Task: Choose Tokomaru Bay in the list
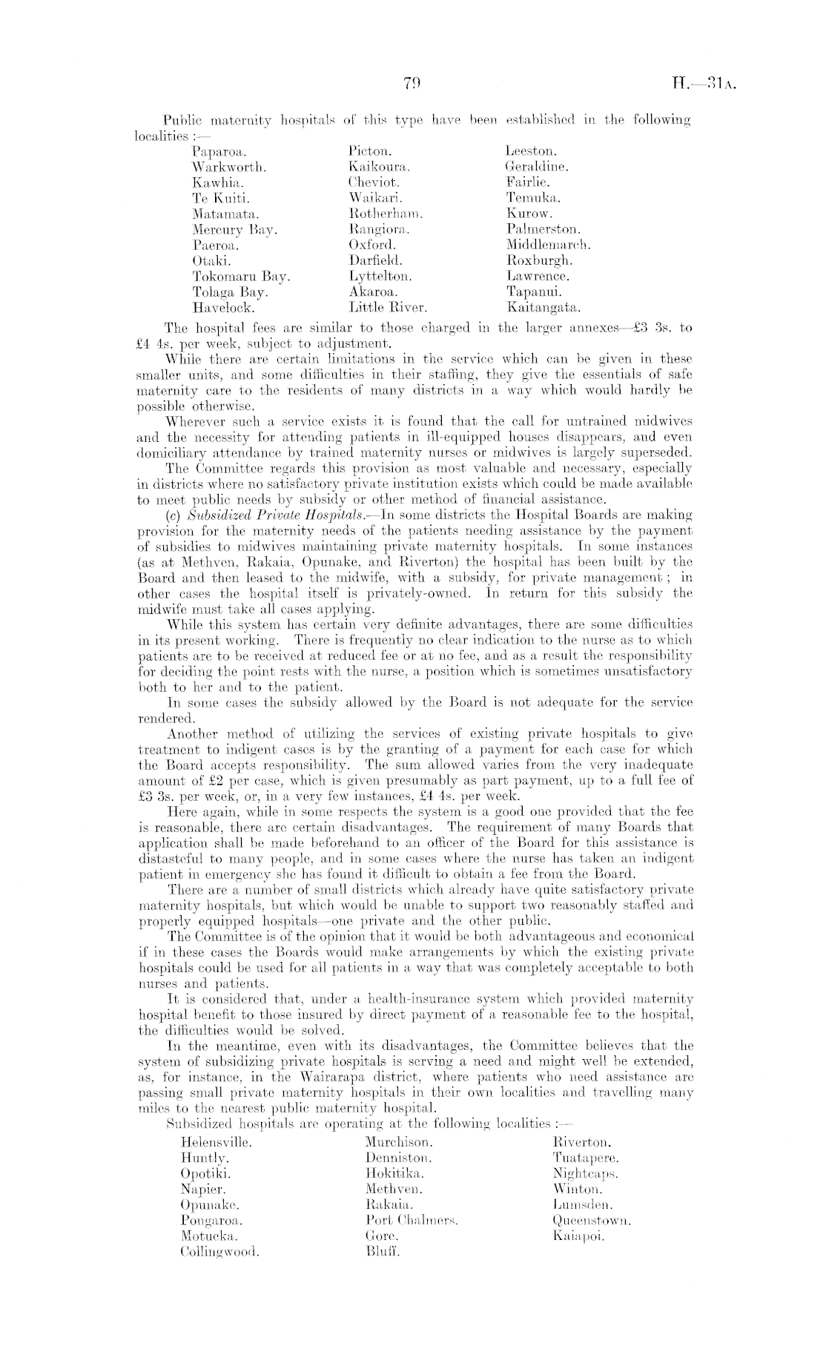[x=241, y=276]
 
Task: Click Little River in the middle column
[x=388, y=306]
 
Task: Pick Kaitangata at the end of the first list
[x=543, y=306]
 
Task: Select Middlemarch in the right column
[x=548, y=244]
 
